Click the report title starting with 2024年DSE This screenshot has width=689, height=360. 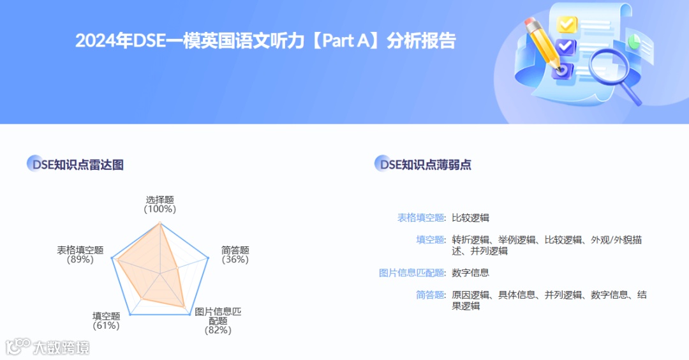click(x=265, y=41)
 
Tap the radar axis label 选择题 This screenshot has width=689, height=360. click(x=159, y=200)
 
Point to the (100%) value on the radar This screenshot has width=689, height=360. click(x=159, y=209)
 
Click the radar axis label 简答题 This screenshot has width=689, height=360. click(x=235, y=250)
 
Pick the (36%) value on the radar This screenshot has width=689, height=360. click(x=235, y=259)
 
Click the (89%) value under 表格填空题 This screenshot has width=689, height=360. click(x=80, y=259)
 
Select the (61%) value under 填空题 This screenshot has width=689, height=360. click(x=106, y=326)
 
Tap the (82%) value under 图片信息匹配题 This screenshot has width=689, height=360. click(x=218, y=330)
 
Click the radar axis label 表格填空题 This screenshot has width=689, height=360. click(x=80, y=250)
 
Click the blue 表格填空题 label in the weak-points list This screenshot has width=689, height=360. click(x=421, y=218)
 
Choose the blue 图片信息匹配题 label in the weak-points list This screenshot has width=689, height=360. click(x=412, y=273)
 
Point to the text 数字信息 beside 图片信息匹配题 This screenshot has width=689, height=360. click(x=470, y=273)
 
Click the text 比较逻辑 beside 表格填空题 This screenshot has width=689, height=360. click(x=470, y=218)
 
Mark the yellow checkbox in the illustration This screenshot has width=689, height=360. click(x=566, y=24)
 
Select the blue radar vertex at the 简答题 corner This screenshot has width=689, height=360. click(x=208, y=258)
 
